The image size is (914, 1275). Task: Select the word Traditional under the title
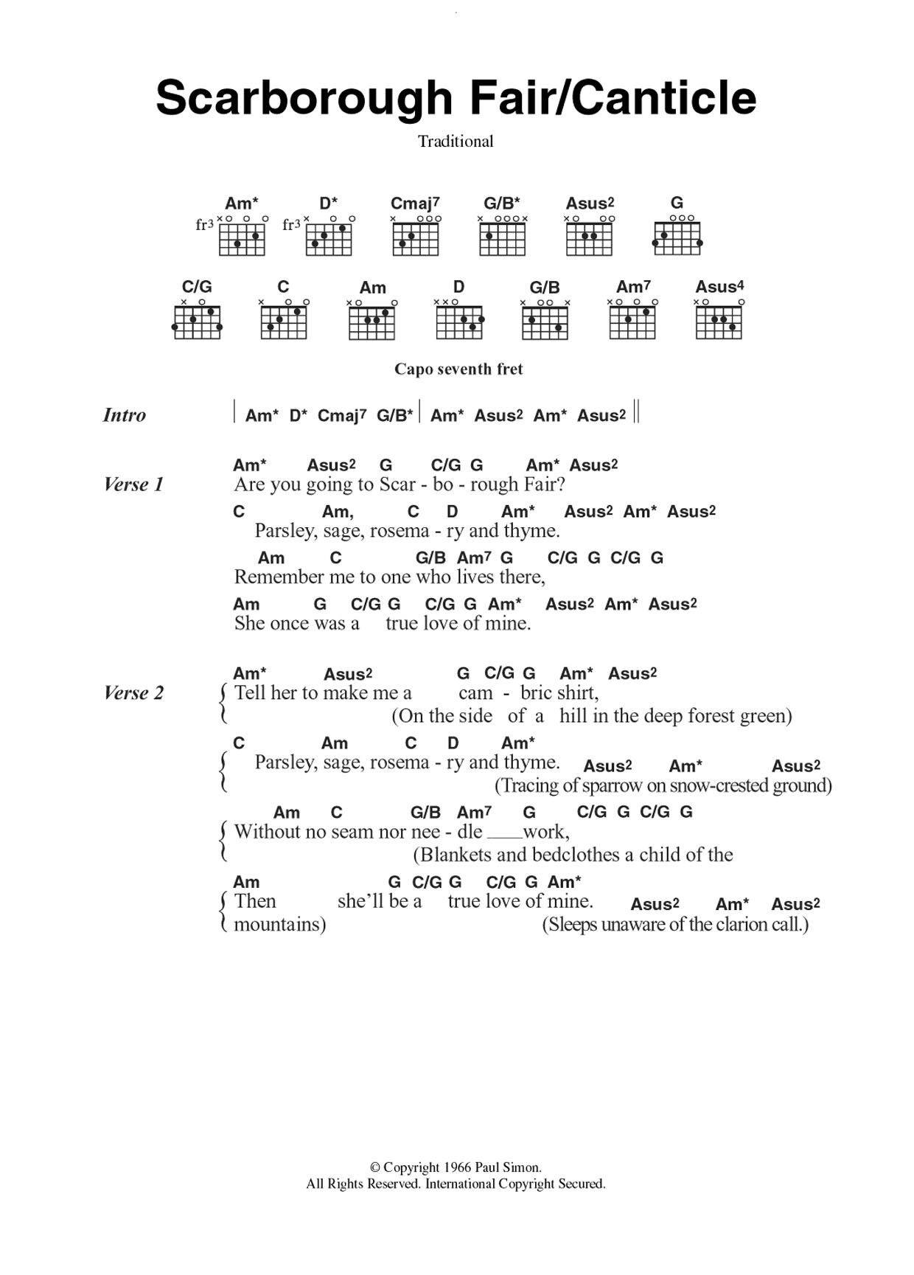pyautogui.click(x=456, y=142)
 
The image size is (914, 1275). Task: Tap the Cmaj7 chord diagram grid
pyautogui.click(x=416, y=239)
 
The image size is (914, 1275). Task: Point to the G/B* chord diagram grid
pyautogui.click(x=502, y=239)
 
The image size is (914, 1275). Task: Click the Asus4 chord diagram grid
pyautogui.click(x=719, y=322)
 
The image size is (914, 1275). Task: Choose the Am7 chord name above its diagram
pyautogui.click(x=633, y=287)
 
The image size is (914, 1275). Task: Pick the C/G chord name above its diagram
pyautogui.click(x=197, y=287)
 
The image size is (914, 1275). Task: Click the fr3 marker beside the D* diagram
pyautogui.click(x=291, y=225)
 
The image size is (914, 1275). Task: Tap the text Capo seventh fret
pyautogui.click(x=458, y=369)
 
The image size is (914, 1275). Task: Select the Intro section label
pyautogui.click(x=125, y=415)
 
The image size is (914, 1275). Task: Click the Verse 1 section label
pyautogui.click(x=133, y=484)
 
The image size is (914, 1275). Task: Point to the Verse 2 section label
pyautogui.click(x=133, y=693)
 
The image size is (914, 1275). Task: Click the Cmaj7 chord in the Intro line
pyautogui.click(x=341, y=416)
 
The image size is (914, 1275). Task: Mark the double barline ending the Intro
pyautogui.click(x=637, y=411)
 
